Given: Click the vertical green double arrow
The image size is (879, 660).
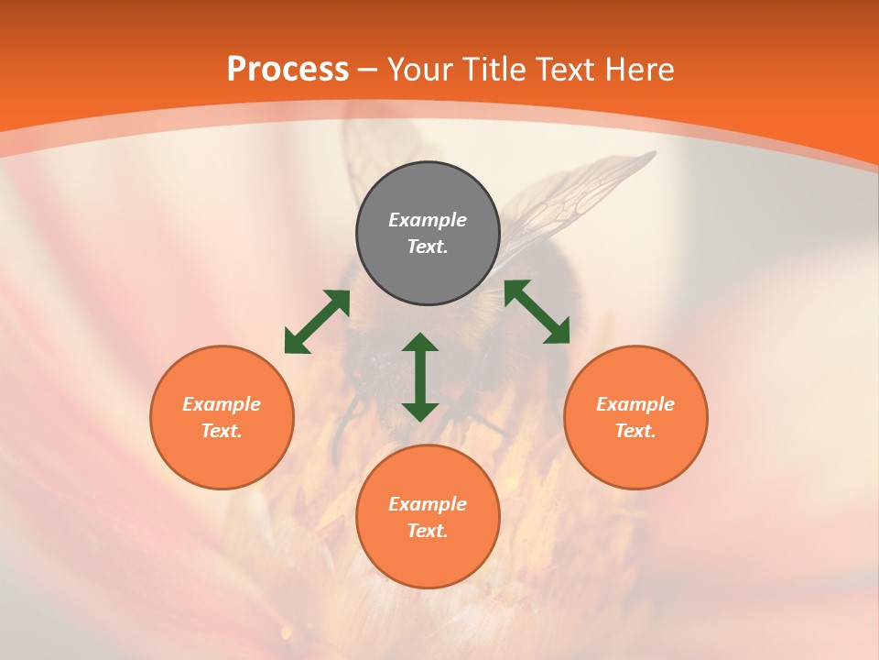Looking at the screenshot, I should (x=420, y=377).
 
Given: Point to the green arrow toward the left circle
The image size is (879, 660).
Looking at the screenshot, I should (x=317, y=322).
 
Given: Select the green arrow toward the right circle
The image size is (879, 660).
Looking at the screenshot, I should (x=537, y=312).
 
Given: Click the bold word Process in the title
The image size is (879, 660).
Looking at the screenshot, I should (x=288, y=70).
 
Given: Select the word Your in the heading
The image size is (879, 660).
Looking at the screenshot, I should (x=421, y=70).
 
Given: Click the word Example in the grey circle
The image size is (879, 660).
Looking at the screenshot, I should (x=428, y=220).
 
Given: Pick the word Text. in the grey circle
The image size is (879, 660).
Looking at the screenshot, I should (x=428, y=247).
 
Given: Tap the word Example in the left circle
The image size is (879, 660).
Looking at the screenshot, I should (x=222, y=404).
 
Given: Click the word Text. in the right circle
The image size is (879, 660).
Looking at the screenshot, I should (x=635, y=431).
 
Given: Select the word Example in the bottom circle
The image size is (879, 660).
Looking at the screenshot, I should (x=428, y=504).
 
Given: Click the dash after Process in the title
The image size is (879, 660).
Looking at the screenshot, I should (x=368, y=70).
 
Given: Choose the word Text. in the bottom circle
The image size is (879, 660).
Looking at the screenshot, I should (x=428, y=531).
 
